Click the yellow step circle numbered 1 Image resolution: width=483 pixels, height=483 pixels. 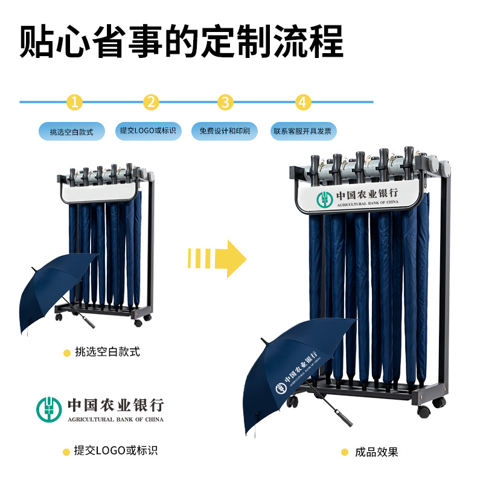click(74, 102)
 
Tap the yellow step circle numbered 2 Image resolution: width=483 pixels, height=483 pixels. click(151, 102)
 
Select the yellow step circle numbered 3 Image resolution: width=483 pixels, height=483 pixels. click(225, 102)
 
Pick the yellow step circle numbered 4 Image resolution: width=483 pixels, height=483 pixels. click(303, 102)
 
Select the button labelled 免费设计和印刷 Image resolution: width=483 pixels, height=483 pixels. click(225, 131)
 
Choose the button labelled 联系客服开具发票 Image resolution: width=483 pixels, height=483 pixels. click(303, 131)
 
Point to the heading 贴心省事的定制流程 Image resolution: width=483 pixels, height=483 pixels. click(181, 40)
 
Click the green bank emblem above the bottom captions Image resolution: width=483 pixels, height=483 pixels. click(50, 409)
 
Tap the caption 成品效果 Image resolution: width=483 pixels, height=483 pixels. click(376, 452)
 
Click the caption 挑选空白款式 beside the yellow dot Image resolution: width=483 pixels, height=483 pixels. click(107, 352)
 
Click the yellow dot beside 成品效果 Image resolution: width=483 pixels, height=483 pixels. click(345, 452)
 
